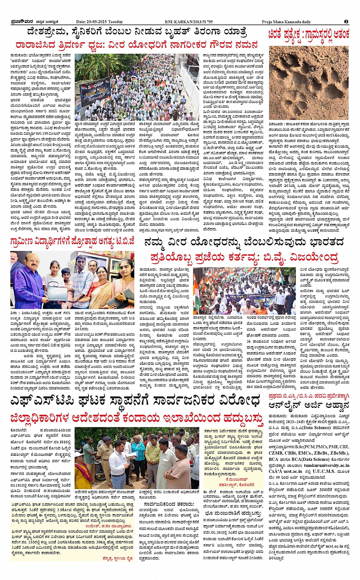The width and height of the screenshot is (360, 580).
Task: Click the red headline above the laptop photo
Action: click(72, 241)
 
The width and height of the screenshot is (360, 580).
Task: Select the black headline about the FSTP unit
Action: click(137, 401)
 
